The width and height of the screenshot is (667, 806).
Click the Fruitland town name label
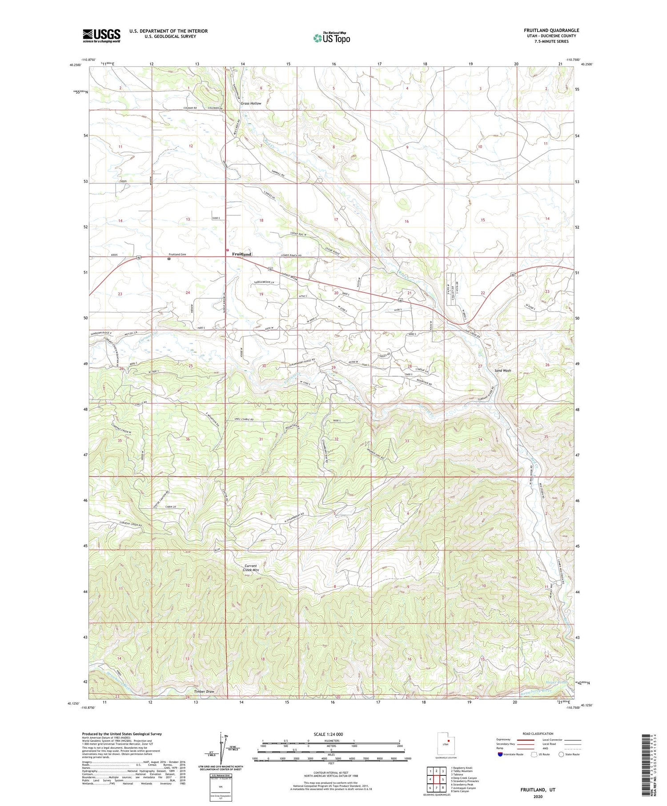[242, 254]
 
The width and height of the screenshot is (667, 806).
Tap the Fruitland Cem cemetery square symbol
[169, 258]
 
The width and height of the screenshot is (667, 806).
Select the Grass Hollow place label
[251, 103]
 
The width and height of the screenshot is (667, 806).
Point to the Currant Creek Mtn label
[251, 568]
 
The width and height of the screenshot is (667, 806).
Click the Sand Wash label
[503, 370]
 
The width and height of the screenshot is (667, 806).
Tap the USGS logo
[101, 36]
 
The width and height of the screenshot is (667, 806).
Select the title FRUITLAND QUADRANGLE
[551, 30]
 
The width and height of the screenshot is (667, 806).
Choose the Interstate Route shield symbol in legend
[500, 754]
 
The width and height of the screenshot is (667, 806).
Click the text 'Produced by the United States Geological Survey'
[122, 734]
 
